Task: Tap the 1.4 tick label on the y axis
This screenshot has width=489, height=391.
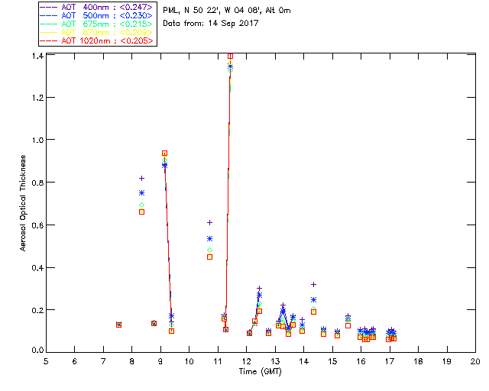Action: [37, 57]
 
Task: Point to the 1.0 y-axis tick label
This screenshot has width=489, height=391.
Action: [37, 141]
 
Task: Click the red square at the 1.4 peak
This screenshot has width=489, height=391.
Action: [230, 56]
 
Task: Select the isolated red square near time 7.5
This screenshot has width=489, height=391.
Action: [118, 325]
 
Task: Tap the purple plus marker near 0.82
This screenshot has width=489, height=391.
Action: [141, 178]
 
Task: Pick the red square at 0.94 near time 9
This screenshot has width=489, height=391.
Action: [164, 153]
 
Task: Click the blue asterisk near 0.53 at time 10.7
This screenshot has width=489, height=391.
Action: [209, 239]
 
